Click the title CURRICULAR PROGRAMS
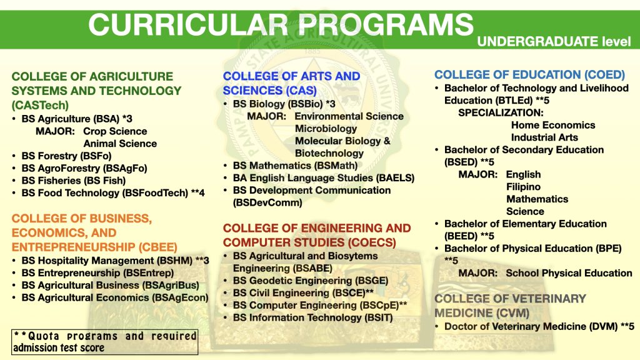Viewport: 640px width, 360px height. point(281,24)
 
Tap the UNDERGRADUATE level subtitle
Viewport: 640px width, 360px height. point(554,41)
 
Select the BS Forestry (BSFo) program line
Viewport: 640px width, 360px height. point(66,156)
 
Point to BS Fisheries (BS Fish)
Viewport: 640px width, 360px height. point(74,181)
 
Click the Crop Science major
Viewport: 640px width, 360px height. point(115,131)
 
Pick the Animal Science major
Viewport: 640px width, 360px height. point(120,144)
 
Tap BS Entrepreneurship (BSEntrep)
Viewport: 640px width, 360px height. point(97,272)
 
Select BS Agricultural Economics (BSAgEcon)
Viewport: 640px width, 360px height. point(115,297)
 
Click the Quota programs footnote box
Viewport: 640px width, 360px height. point(104,342)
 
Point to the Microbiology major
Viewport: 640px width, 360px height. point(326,129)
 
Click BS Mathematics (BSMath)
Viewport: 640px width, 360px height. point(295,166)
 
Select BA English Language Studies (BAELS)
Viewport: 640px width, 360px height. point(324,178)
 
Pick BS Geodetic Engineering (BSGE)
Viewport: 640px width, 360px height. point(311,281)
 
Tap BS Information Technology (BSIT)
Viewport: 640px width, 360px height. point(312,317)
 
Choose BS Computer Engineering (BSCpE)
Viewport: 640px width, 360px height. point(320,305)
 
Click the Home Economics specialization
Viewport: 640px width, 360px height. point(553,125)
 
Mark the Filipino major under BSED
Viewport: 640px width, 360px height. point(523,187)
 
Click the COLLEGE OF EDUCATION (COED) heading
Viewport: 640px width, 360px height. point(529,75)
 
